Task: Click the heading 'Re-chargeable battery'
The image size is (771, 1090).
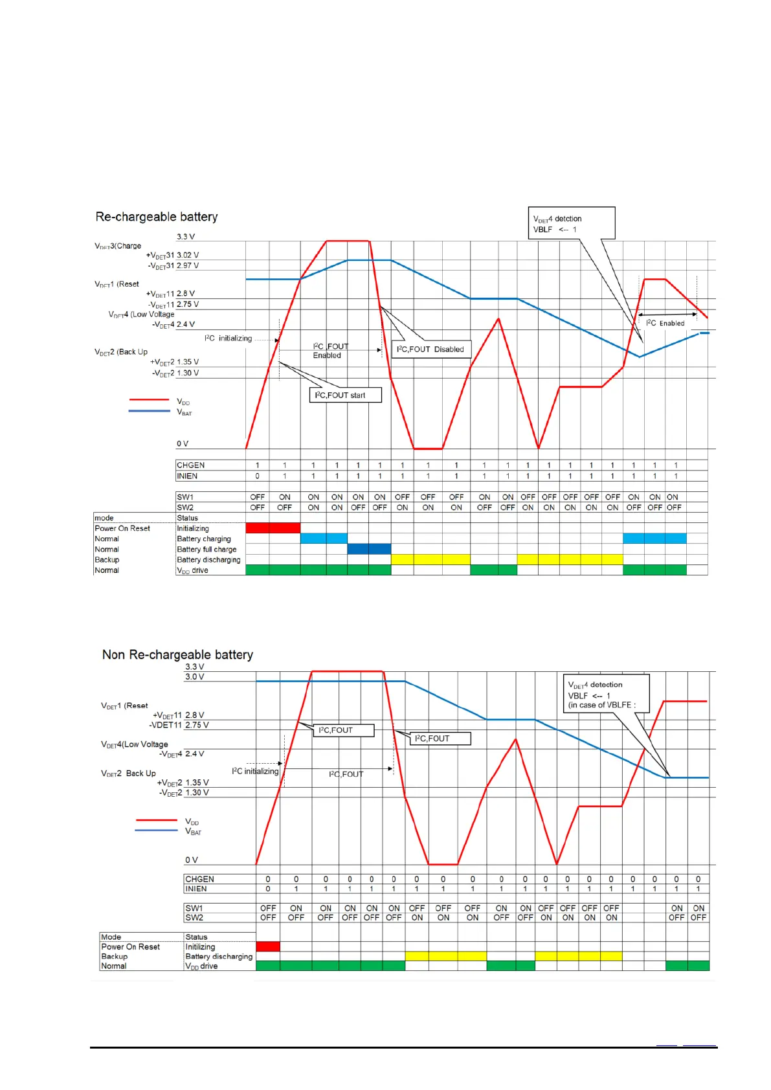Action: click(x=157, y=217)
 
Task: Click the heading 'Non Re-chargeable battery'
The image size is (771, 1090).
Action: click(x=177, y=654)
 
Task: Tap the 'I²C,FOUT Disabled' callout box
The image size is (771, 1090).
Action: click(x=431, y=350)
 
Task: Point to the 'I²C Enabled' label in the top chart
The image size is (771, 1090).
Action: click(x=665, y=323)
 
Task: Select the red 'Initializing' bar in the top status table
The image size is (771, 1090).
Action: click(x=273, y=528)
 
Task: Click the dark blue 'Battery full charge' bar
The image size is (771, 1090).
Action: click(x=369, y=549)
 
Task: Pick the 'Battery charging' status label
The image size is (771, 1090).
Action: click(x=204, y=539)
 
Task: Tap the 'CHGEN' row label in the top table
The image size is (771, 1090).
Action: click(x=191, y=465)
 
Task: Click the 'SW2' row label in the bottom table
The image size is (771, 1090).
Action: click(x=194, y=917)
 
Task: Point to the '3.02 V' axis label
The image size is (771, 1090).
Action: click(x=188, y=255)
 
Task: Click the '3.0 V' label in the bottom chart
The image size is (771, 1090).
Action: click(x=195, y=676)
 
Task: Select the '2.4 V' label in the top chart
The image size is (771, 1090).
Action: click(x=186, y=324)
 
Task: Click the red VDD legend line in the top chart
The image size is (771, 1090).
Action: click(x=149, y=400)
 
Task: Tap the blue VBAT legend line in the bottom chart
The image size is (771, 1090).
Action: click(x=155, y=830)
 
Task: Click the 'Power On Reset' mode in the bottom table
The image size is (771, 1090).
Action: click(x=130, y=946)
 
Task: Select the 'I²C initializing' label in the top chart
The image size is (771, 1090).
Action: click(x=229, y=339)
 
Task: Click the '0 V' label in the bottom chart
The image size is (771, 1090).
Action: click(x=192, y=860)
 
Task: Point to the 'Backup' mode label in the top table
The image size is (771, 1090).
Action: click(x=107, y=559)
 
